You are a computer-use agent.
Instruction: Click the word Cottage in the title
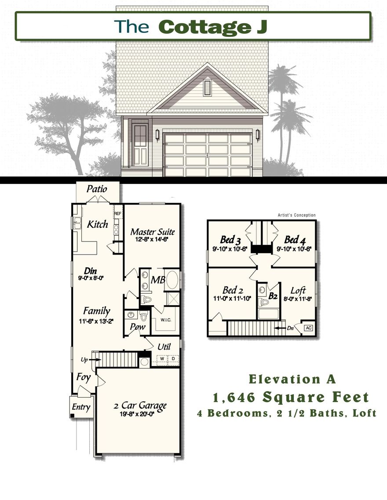[199, 26]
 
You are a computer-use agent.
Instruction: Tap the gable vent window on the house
[208, 88]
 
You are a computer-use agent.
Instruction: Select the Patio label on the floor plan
[97, 189]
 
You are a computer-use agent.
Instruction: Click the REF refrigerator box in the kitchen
[118, 214]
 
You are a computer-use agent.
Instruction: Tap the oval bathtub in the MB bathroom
[172, 280]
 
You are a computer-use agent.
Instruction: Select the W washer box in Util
[162, 359]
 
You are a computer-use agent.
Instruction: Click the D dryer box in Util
[173, 359]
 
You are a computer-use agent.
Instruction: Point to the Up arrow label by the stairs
[84, 360]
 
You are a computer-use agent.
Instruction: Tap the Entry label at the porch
[81, 407]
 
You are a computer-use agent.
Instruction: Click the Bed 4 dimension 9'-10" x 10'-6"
[294, 248]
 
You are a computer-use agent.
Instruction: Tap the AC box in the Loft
[308, 328]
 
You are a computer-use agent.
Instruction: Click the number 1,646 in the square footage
[234, 398]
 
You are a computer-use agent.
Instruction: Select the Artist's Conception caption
[296, 215]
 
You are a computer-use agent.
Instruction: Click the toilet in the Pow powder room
[144, 316]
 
